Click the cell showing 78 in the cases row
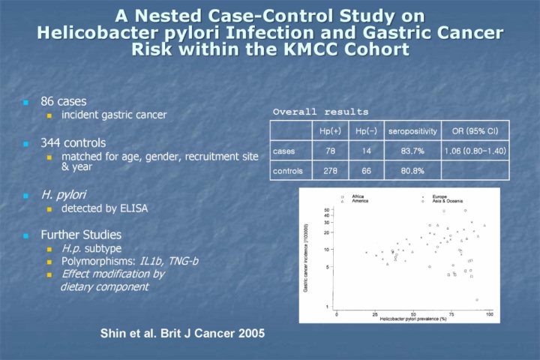click(330, 151)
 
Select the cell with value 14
click(366, 151)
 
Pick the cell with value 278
click(330, 170)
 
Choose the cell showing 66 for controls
click(366, 170)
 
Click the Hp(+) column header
click(330, 131)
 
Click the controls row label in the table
click(289, 170)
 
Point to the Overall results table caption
click(320, 112)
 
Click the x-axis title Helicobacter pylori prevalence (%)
click(412, 319)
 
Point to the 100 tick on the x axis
click(489, 313)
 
